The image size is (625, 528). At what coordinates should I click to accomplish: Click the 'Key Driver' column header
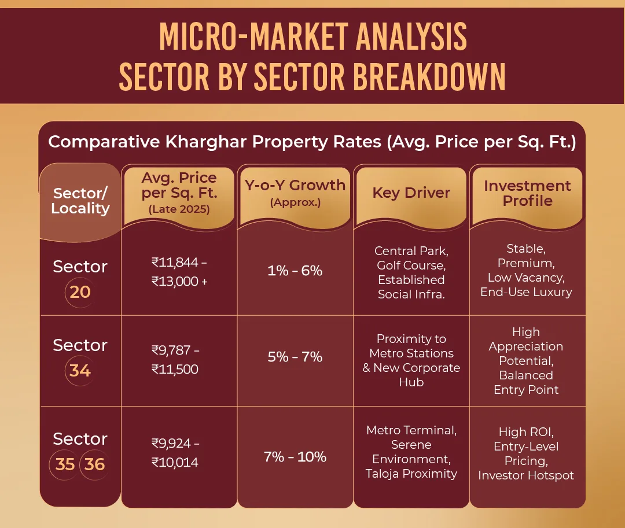pos(411,193)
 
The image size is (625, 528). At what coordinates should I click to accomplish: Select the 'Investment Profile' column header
pos(527,193)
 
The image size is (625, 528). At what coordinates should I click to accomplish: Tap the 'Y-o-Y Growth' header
pos(295,185)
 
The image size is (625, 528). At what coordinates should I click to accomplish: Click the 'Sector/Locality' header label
pos(80,200)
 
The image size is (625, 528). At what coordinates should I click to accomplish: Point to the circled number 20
pos(80,291)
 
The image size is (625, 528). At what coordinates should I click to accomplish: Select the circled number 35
pos(65,464)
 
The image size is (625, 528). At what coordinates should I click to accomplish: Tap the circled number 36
pos(95,464)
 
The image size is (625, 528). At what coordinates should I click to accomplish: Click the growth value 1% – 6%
pos(295,271)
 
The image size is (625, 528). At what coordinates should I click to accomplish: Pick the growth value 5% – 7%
pos(295,357)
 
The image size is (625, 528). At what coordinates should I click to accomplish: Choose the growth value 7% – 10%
pos(295,457)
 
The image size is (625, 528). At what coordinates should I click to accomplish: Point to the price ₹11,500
pos(175,369)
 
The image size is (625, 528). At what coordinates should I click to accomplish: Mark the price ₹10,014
pos(175,463)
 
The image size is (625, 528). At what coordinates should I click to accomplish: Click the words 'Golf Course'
pos(411,265)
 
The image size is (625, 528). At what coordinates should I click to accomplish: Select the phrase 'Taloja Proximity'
pos(411,474)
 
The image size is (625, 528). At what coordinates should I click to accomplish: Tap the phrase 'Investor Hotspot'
pos(526,475)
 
